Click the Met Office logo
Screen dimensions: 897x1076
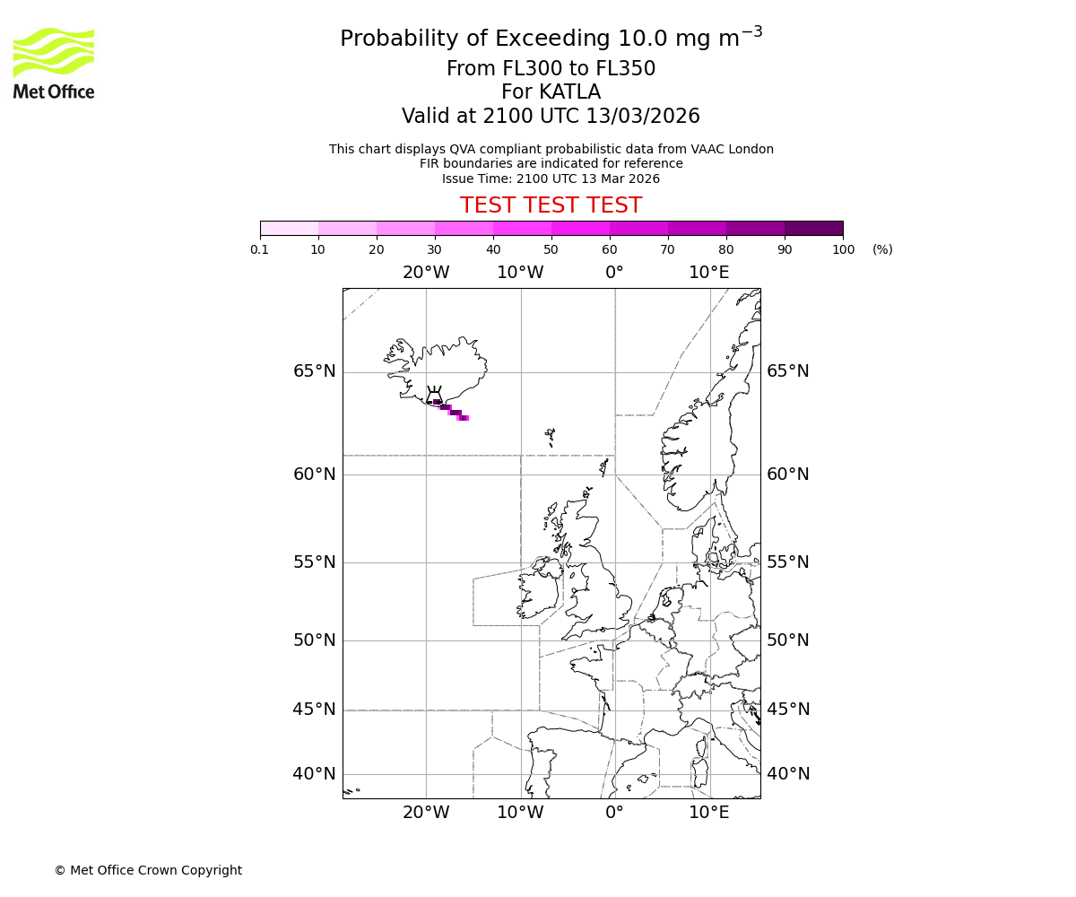tap(54, 63)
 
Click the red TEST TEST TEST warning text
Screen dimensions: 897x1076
tap(551, 205)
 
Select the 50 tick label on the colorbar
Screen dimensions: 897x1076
tap(551, 249)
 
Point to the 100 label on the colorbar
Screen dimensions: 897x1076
tap(843, 249)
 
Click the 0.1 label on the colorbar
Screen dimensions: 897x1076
tap(260, 249)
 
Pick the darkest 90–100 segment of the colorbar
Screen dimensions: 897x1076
tap(813, 228)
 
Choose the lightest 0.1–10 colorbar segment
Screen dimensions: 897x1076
tap(289, 228)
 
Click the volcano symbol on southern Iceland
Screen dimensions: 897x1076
tap(434, 396)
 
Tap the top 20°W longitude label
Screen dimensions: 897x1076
tap(426, 272)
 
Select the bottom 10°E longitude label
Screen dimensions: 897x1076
tap(708, 813)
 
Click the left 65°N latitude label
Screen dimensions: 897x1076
tap(315, 371)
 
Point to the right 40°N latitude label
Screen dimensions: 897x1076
tap(788, 773)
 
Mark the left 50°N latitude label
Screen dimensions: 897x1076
tap(315, 640)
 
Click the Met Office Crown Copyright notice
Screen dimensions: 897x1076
tap(148, 870)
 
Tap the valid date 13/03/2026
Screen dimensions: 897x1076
tap(643, 116)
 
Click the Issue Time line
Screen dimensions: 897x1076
tap(551, 179)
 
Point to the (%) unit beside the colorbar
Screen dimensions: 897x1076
tap(882, 249)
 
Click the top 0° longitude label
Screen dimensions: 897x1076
tap(614, 272)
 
